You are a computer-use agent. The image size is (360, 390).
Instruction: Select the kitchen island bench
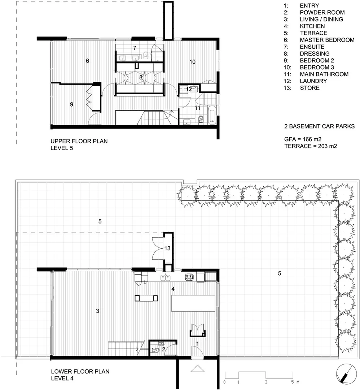pos(193,303)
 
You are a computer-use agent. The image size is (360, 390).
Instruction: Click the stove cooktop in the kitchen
pos(190,277)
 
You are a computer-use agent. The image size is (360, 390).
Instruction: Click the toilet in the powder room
pos(155,350)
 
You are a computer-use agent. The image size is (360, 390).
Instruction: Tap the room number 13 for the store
pos(167,248)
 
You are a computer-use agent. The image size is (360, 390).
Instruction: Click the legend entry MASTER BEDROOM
pos(327,40)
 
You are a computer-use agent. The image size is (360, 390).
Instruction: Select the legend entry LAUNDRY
pos(313,81)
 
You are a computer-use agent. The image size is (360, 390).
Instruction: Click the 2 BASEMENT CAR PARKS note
pos(319,126)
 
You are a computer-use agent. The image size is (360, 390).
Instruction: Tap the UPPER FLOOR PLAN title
pos(79,141)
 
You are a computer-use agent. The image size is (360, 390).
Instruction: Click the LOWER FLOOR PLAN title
pos(80,371)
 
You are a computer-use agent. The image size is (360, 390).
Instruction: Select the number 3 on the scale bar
pos(266,382)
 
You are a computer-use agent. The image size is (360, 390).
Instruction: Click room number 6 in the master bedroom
pos(88,61)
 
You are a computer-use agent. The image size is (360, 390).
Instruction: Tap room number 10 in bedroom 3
pos(192,62)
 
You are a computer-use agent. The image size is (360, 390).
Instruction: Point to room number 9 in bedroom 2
pos(71,104)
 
